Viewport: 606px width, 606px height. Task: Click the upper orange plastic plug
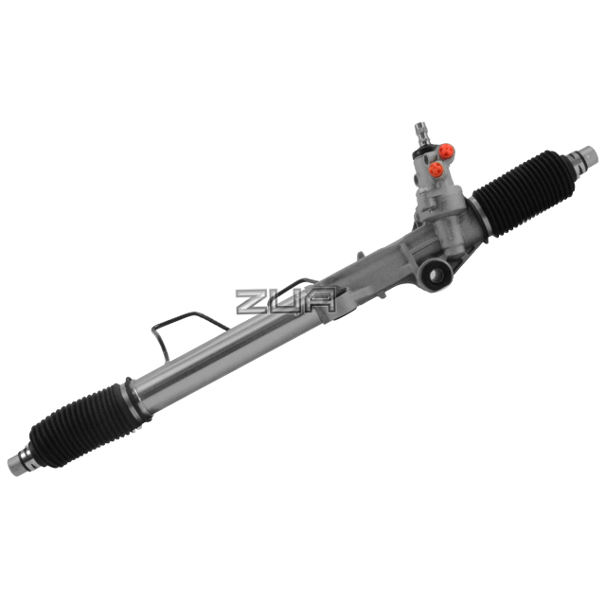(447, 150)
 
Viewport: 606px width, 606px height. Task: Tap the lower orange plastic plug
(437, 170)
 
